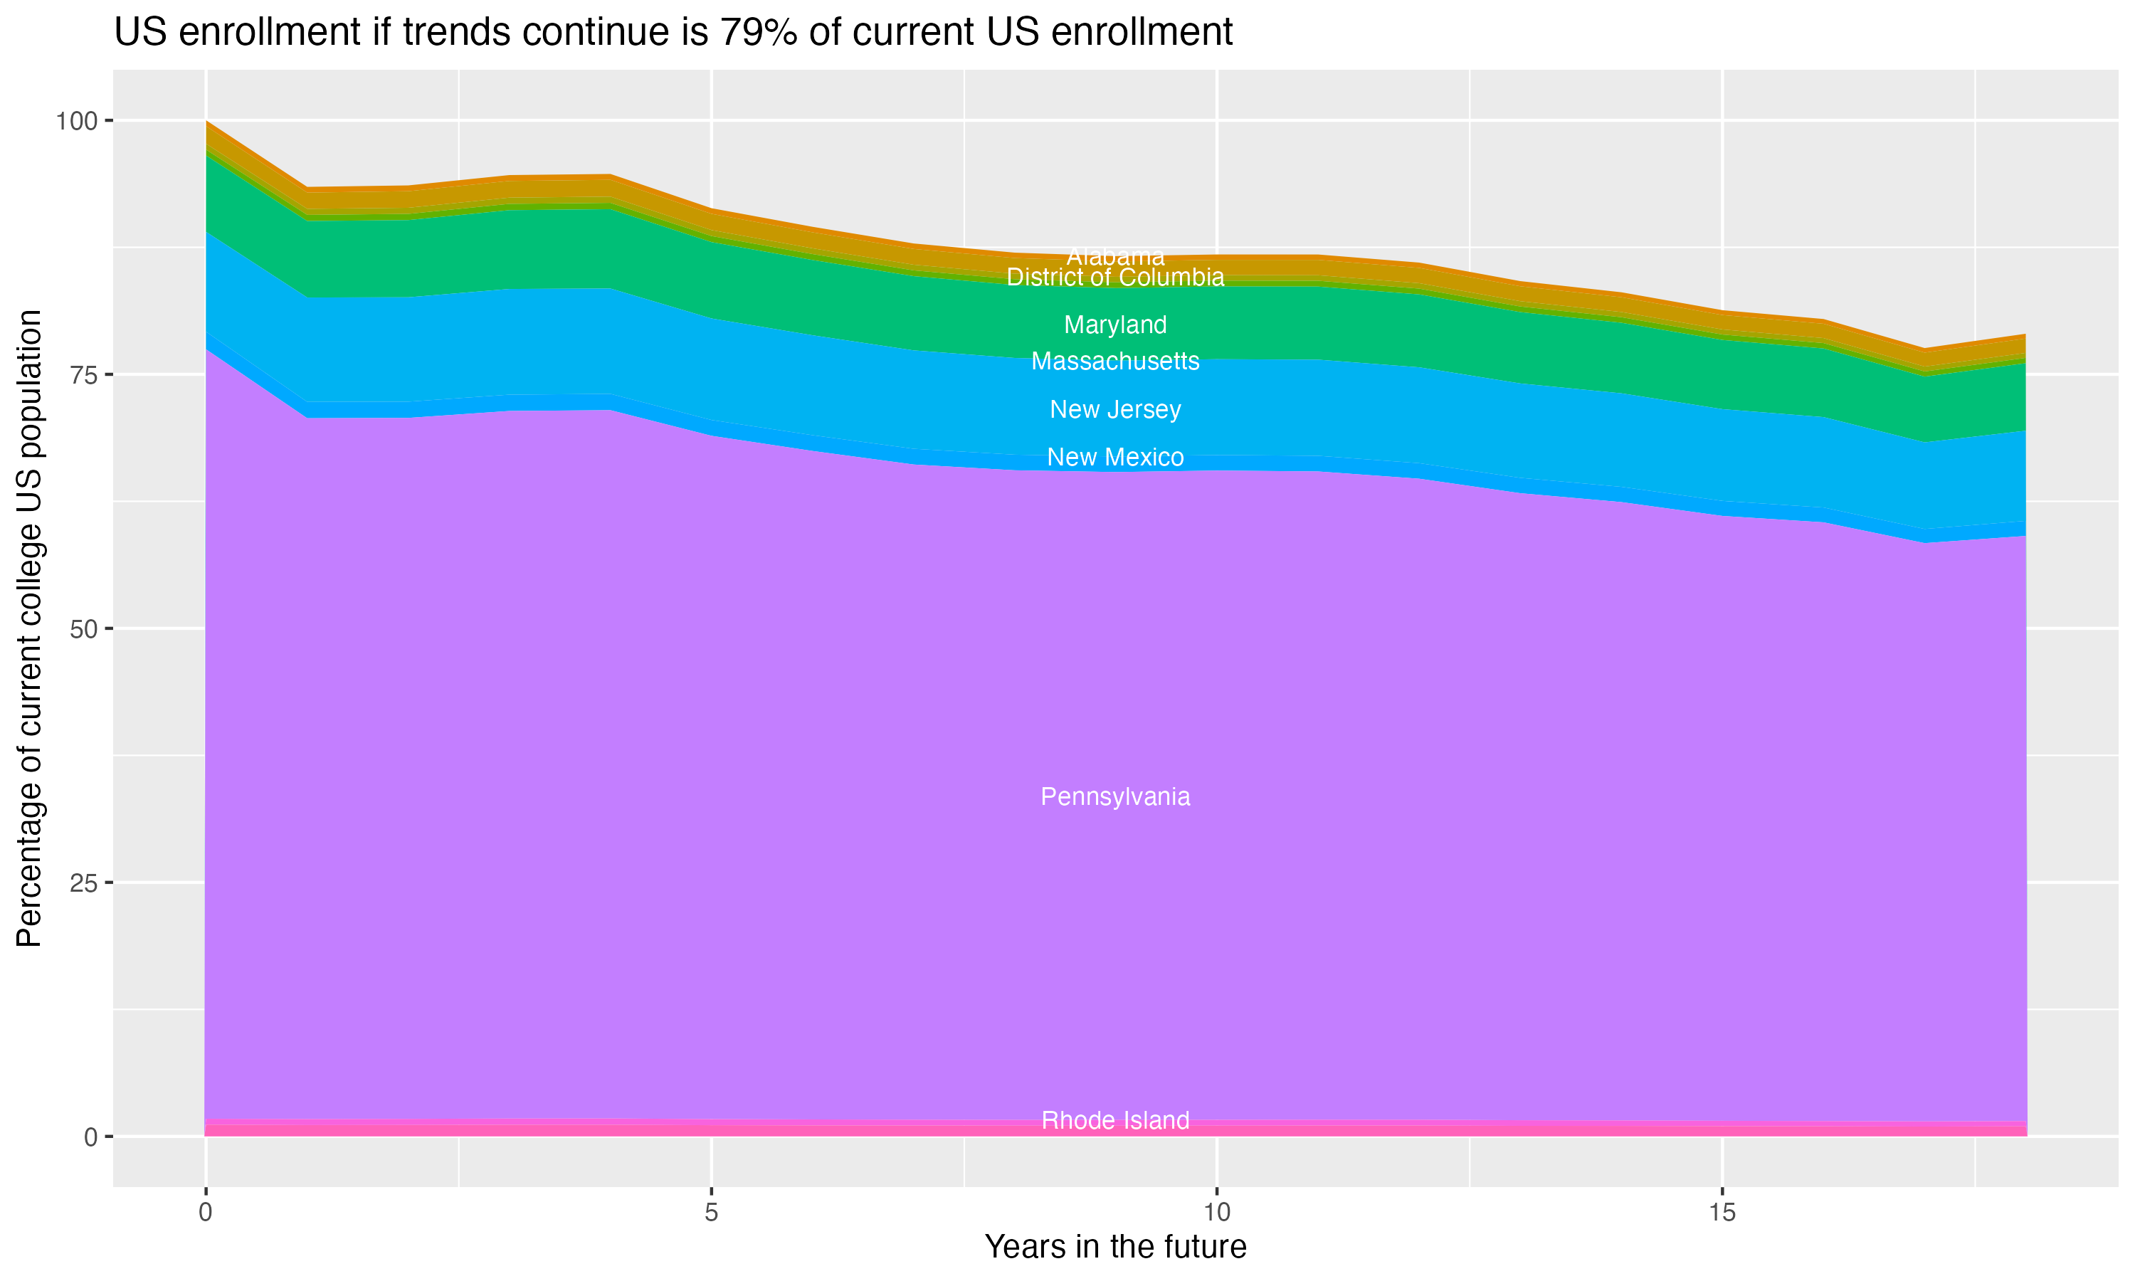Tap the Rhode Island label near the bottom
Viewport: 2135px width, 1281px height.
point(1115,1120)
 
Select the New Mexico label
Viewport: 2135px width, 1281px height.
point(1115,457)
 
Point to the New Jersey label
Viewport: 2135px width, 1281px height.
point(1115,409)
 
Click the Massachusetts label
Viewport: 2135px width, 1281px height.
point(1115,361)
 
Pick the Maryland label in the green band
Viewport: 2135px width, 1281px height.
point(1115,325)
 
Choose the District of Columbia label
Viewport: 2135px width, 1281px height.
point(1115,277)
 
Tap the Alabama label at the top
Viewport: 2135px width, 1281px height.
point(1115,256)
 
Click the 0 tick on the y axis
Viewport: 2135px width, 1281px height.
point(90,1137)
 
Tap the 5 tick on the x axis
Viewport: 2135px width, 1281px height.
point(711,1213)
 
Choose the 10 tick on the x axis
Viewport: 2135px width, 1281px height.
point(1216,1213)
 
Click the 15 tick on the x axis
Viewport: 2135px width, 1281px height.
point(1722,1213)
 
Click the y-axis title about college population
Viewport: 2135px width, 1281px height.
point(29,628)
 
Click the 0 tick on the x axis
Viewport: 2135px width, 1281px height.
point(206,1213)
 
